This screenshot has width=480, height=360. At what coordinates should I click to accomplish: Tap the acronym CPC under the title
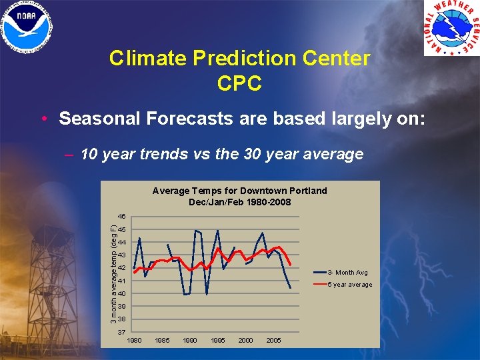(239, 83)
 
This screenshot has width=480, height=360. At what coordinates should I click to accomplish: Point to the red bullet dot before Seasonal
(43, 119)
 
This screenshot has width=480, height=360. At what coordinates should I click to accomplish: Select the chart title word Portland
(306, 191)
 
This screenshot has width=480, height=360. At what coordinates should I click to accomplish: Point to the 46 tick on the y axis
(121, 217)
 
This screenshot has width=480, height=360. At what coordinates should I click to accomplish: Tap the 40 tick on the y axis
(121, 294)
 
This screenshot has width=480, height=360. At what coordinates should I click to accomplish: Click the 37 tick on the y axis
(121, 332)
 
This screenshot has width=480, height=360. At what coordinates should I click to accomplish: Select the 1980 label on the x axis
(134, 341)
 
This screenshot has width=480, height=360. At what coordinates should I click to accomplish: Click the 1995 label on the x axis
(218, 341)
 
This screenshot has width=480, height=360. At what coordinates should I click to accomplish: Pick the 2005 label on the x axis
(273, 341)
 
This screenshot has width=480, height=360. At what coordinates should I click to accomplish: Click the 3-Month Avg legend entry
(347, 273)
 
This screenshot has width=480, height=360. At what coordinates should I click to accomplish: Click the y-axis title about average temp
(114, 275)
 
